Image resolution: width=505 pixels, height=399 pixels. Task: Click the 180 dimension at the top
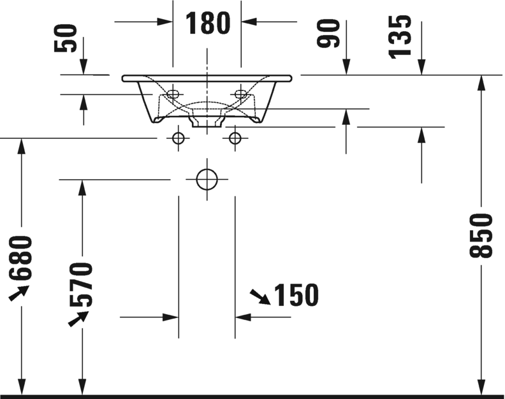point(208,22)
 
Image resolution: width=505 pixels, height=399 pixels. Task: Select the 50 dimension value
point(66,38)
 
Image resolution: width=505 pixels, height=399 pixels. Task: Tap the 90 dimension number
point(328,34)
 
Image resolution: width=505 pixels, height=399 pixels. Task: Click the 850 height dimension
point(481,235)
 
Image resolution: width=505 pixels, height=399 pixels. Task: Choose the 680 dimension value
point(21,258)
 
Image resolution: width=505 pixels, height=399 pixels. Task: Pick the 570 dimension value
point(81,284)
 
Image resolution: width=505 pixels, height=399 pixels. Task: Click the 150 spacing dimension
point(296,294)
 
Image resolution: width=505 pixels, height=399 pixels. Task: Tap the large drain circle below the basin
point(207,179)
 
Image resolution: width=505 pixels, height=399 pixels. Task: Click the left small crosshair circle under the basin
point(178,138)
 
